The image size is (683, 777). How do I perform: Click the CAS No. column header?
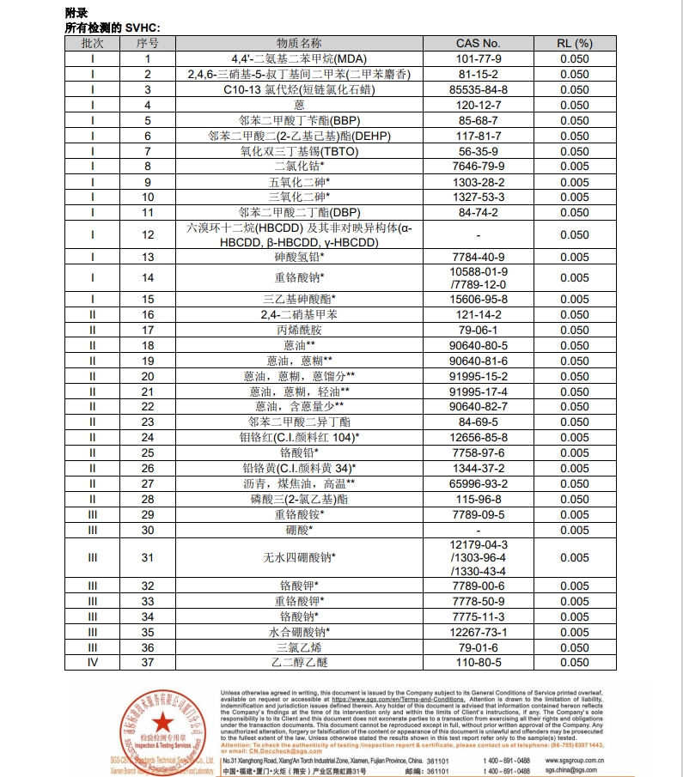point(478,42)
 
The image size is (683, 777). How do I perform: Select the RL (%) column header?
point(575,42)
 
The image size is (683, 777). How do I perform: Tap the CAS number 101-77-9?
point(478,58)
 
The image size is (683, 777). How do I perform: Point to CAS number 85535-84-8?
point(478,89)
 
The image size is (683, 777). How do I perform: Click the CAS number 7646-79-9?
point(478,166)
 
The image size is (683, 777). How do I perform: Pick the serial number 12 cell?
point(148,234)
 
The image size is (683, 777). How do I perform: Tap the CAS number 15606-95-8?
point(478,299)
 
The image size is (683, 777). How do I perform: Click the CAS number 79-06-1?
point(478,330)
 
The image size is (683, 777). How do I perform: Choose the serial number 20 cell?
point(148,376)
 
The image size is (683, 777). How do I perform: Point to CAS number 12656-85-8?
point(478,437)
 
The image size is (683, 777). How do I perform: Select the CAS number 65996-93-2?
point(478,483)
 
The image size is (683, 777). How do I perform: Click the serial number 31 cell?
point(148,557)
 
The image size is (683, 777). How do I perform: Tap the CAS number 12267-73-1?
point(478,632)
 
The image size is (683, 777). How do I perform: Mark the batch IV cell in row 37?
point(93,662)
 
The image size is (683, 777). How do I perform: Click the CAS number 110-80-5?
point(478,662)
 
